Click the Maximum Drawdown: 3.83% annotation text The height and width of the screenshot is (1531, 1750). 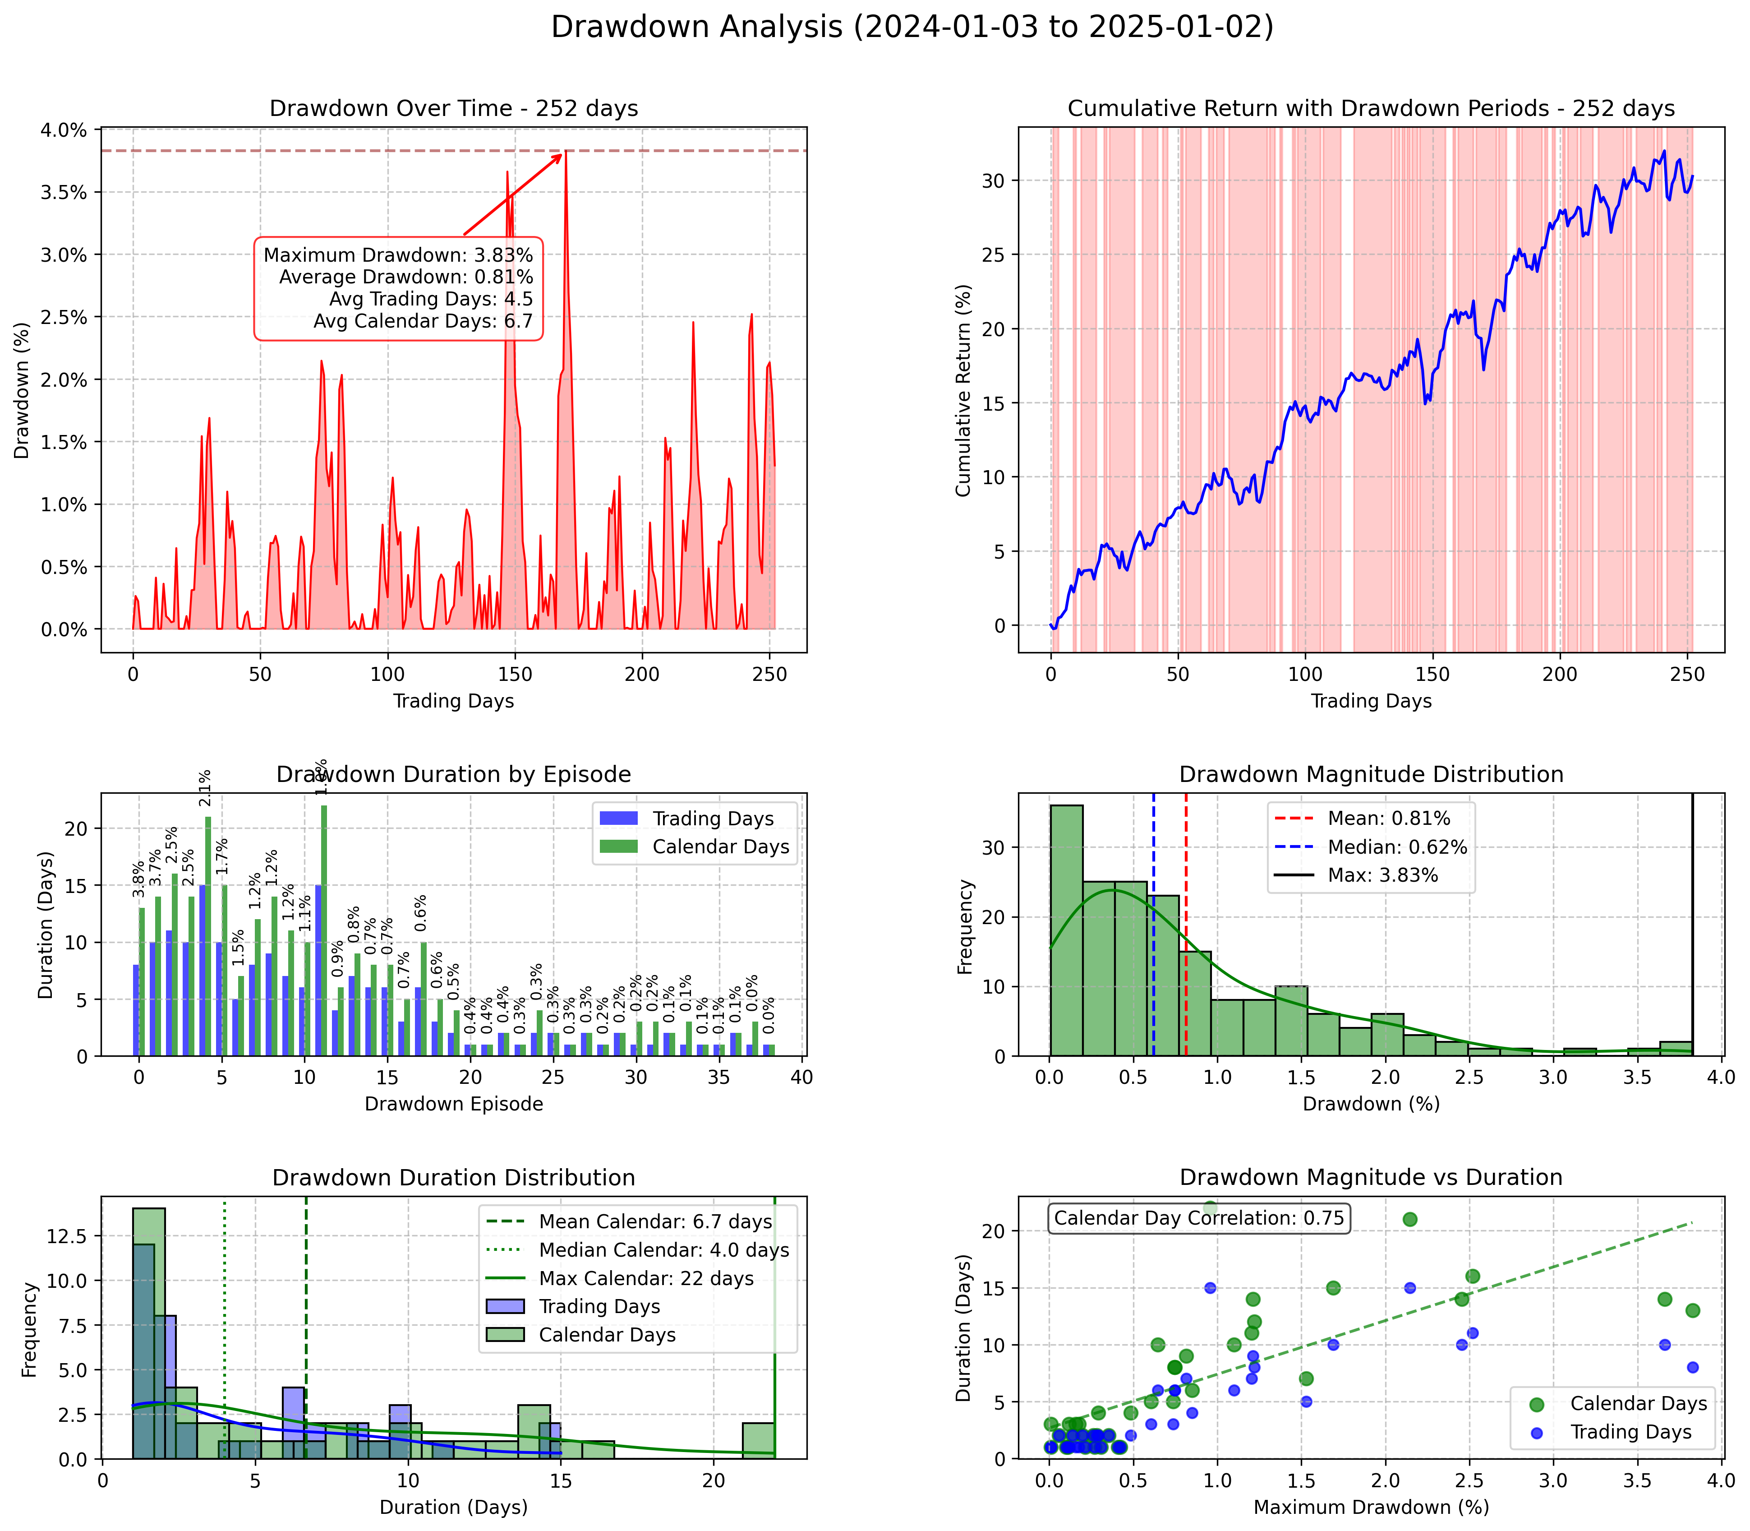pos(398,254)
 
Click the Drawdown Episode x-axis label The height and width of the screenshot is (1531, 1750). pos(454,1104)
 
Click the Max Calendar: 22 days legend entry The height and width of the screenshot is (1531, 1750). pos(646,1278)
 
